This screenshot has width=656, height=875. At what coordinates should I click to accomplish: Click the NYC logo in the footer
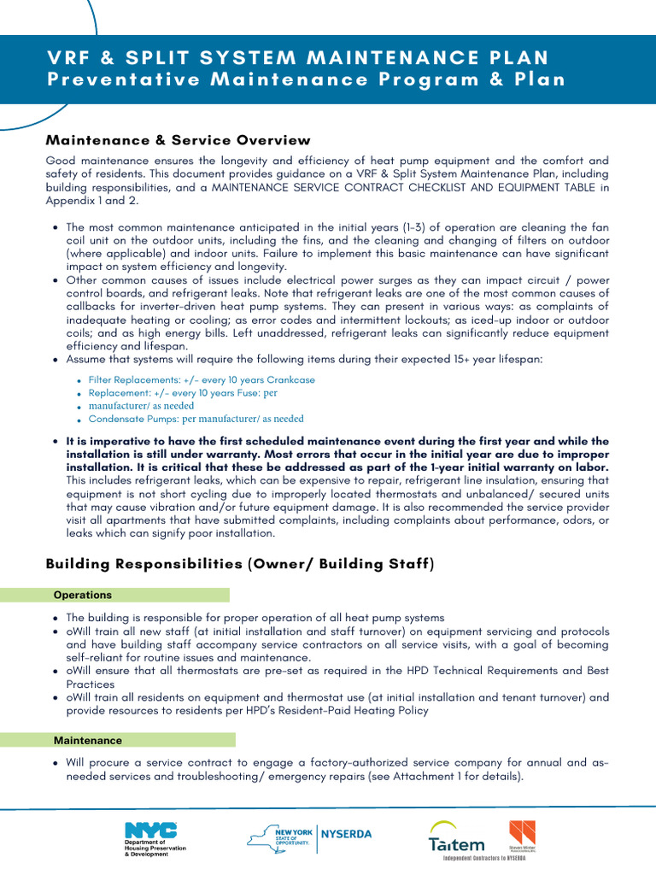click(x=151, y=829)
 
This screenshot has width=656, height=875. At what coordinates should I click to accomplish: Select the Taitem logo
click(x=456, y=843)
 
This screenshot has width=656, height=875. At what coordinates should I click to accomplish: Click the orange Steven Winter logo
click(x=522, y=832)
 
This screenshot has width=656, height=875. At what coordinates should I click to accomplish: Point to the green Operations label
click(x=82, y=595)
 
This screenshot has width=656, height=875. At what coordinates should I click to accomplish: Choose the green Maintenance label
click(x=88, y=740)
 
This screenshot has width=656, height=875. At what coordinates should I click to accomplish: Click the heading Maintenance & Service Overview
click(x=178, y=140)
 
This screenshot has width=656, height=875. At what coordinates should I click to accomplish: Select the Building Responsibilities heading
click(x=239, y=564)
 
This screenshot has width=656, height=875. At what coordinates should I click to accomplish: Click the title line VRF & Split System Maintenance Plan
click(x=298, y=57)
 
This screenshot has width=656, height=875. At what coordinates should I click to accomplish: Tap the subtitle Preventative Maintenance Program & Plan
click(x=306, y=79)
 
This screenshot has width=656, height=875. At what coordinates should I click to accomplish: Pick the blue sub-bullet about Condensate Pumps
click(x=196, y=419)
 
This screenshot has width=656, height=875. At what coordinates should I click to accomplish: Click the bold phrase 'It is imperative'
click(x=109, y=442)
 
